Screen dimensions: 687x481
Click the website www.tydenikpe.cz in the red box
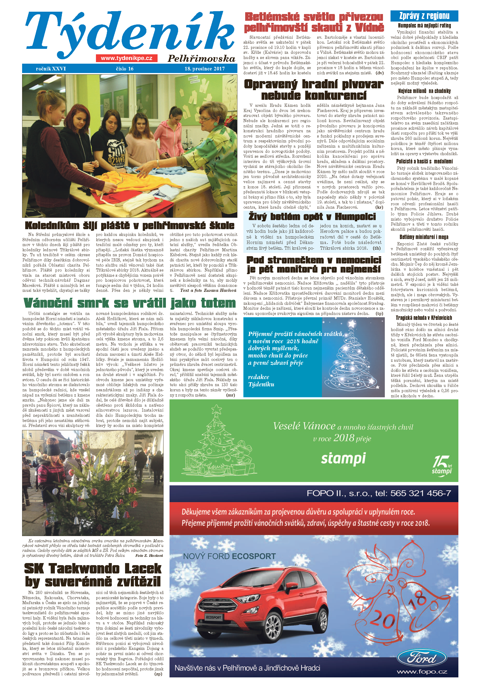(x=126, y=58)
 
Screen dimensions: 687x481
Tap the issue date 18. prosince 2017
(x=204, y=69)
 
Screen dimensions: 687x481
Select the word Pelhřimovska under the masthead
(x=201, y=59)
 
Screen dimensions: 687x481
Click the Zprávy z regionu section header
(x=424, y=16)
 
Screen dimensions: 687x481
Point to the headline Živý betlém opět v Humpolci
(x=312, y=216)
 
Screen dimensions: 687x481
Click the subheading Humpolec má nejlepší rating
(x=424, y=26)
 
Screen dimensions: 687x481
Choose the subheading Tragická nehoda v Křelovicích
(x=424, y=318)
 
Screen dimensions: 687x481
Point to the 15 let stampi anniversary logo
(x=441, y=465)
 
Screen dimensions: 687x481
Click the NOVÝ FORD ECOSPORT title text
(x=229, y=556)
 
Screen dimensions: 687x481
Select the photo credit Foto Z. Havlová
(x=149, y=555)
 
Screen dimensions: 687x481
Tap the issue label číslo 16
(x=125, y=69)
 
